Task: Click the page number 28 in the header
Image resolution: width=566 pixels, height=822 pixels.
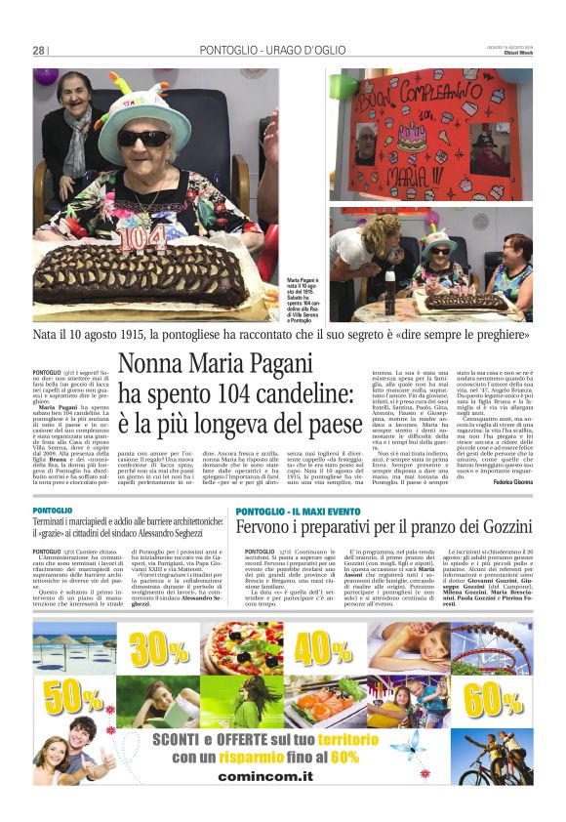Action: (39, 50)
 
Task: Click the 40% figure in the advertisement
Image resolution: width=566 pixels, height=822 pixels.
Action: (323, 647)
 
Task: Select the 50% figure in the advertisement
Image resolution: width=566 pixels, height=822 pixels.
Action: (70, 695)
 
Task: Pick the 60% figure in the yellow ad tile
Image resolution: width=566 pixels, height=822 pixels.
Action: (493, 697)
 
